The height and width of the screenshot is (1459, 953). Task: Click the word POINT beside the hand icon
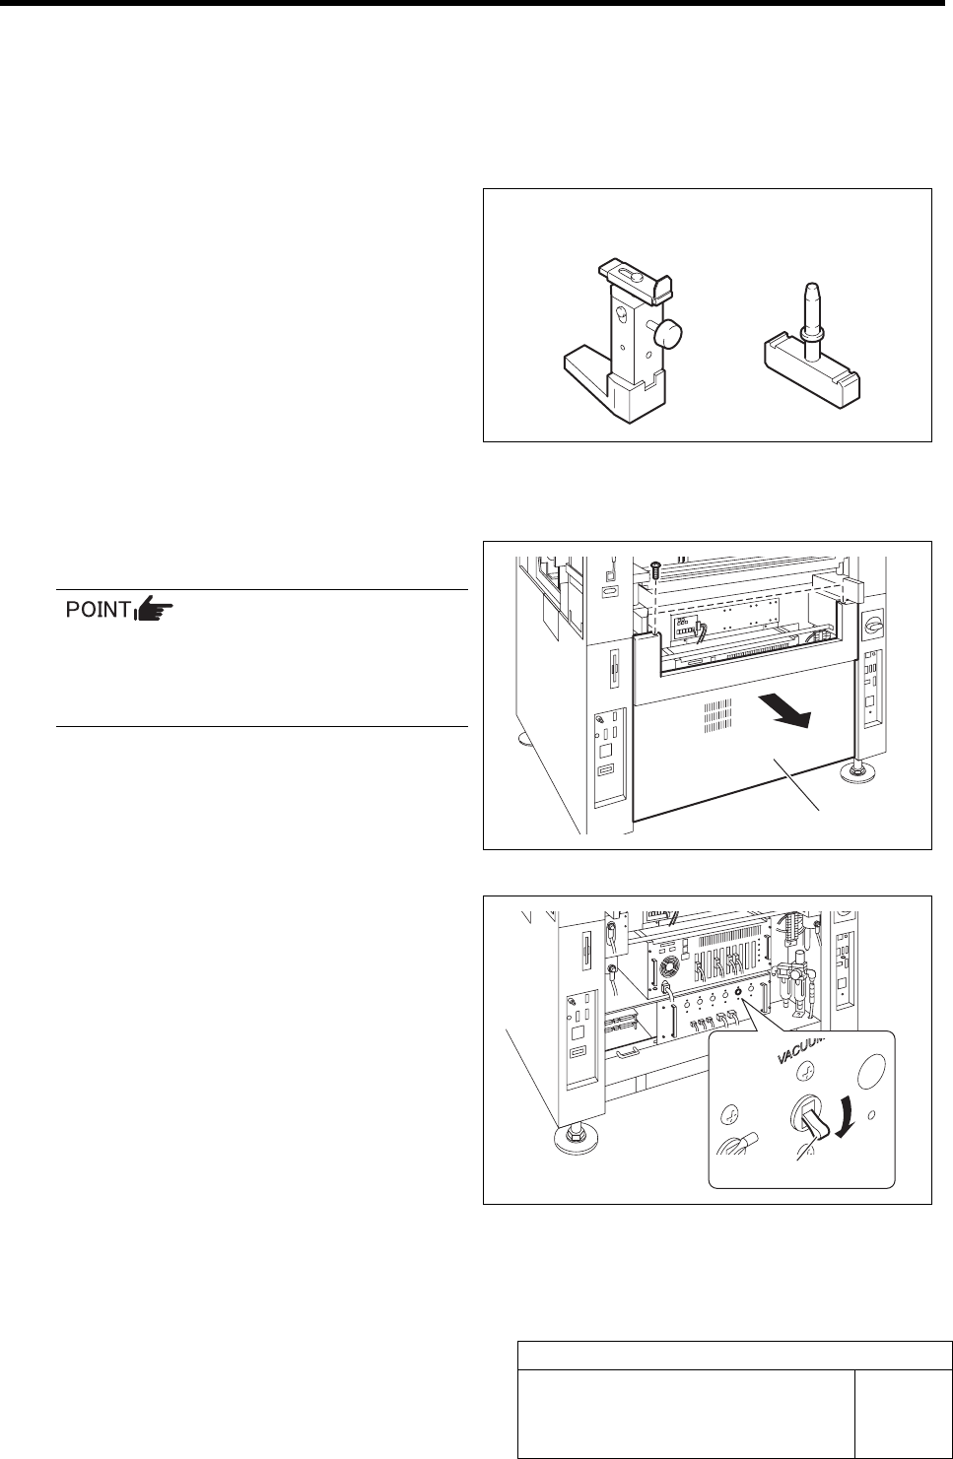pyautogui.click(x=99, y=611)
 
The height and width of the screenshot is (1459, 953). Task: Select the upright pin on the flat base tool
pyautogui.click(x=811, y=311)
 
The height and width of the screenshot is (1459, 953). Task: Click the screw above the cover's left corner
pyautogui.click(x=654, y=568)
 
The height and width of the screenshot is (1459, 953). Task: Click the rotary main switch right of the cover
pyautogui.click(x=872, y=625)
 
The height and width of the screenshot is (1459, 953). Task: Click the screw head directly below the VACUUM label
pyautogui.click(x=803, y=1075)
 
